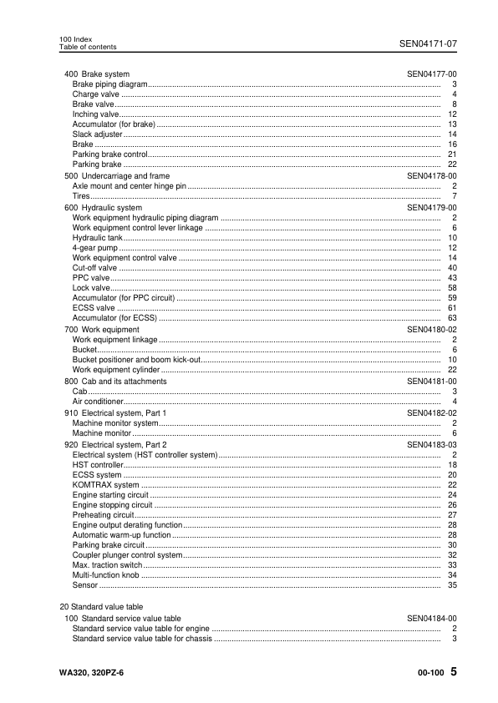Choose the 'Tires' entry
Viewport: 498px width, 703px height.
click(x=82, y=196)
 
